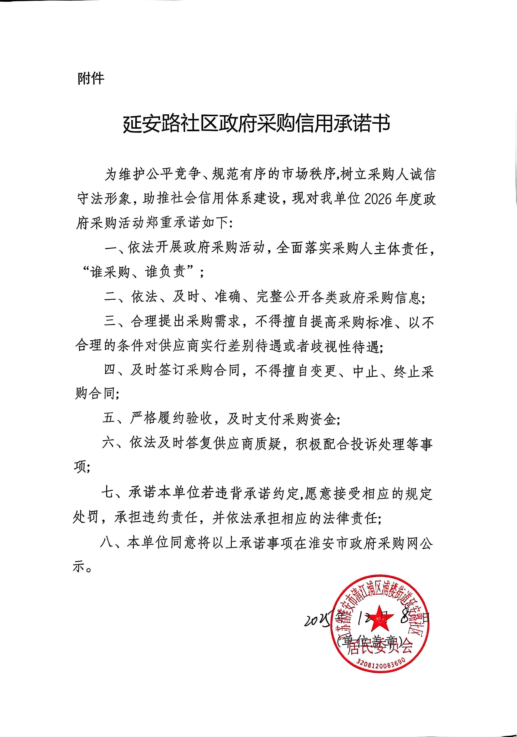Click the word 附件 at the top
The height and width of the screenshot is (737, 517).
pos(91,78)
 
